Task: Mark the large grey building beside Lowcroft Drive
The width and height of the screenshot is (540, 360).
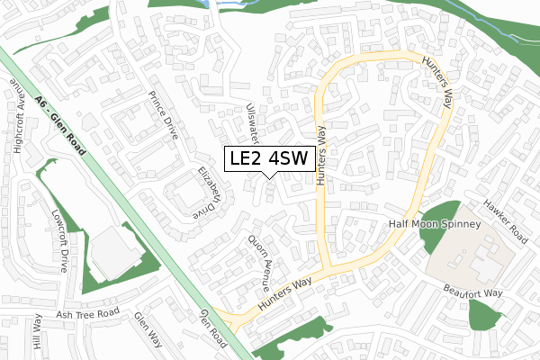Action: [114, 252]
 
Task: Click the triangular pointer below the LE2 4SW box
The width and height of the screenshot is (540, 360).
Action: [271, 175]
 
